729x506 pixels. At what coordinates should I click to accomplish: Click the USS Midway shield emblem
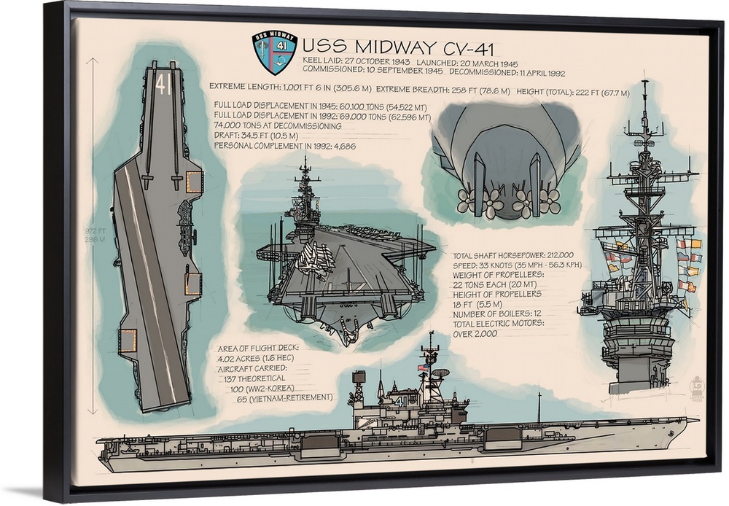274,52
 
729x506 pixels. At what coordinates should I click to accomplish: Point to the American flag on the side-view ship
423,369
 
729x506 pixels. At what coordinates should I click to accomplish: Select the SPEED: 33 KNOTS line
517,265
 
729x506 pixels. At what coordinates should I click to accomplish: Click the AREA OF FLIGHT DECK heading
257,348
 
